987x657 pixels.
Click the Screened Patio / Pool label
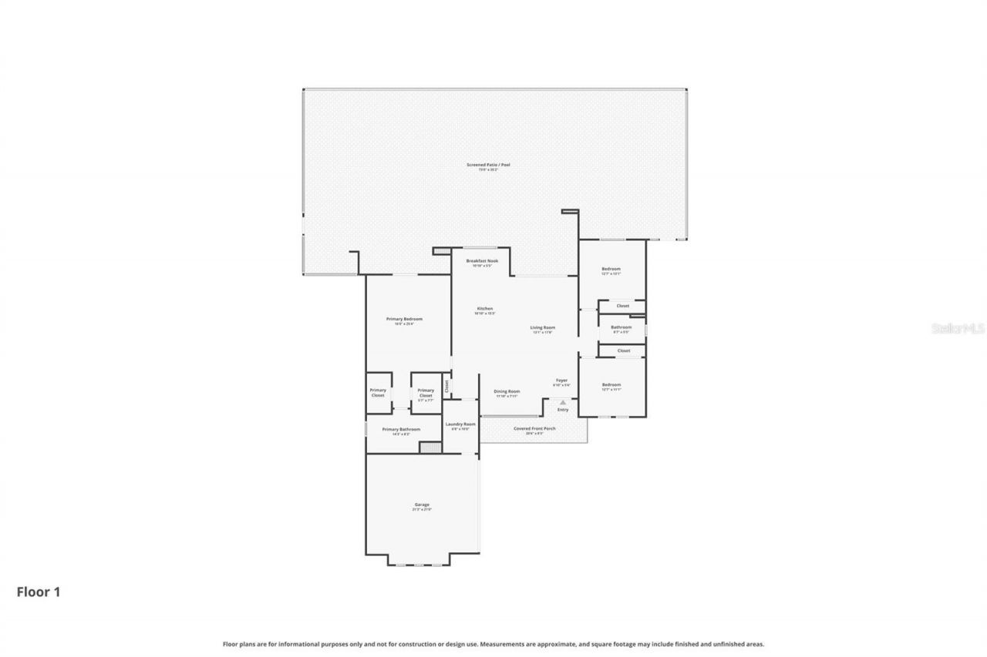tap(488, 165)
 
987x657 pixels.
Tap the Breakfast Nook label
tap(482, 261)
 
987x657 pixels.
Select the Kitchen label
tap(484, 309)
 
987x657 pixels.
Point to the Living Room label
tap(543, 327)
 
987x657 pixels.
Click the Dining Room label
tap(507, 391)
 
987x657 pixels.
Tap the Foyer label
tap(561, 380)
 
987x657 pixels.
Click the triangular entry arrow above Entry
tap(563, 402)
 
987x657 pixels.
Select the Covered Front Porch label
tap(534, 428)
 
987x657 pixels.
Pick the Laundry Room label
tap(460, 424)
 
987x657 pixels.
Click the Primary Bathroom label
tap(401, 429)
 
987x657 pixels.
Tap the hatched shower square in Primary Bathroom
tap(429, 447)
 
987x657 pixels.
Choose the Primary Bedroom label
tap(404, 319)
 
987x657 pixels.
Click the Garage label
tap(422, 504)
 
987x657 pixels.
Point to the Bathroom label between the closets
tap(621, 327)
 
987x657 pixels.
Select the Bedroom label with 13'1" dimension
tap(611, 269)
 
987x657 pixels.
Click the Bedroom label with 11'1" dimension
tap(611, 384)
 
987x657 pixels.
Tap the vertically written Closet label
tap(446, 385)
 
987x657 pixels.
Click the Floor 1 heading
tap(39, 592)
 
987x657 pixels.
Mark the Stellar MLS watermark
tap(958, 328)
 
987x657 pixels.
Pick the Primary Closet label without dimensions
tap(378, 392)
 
